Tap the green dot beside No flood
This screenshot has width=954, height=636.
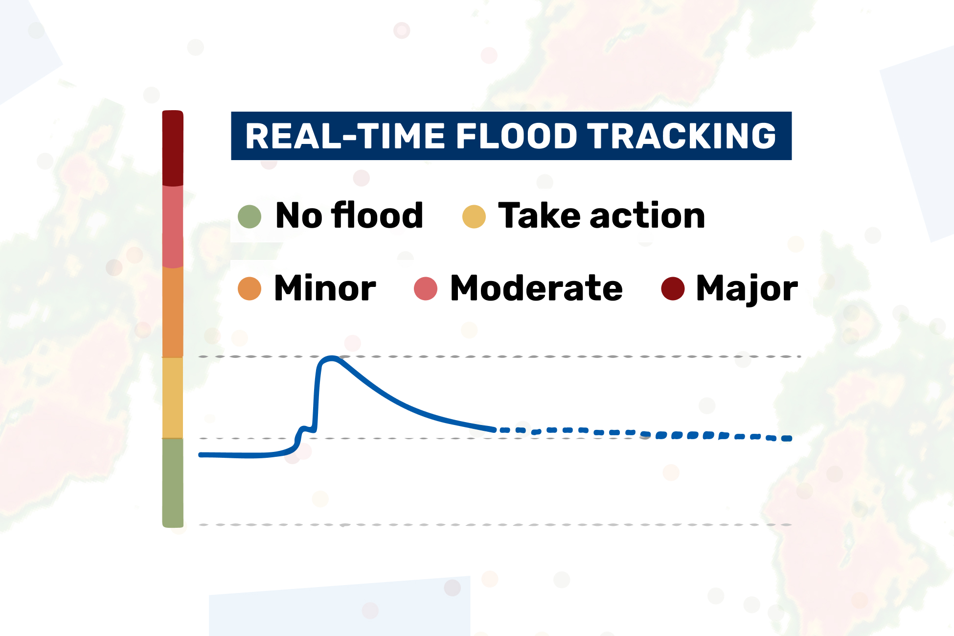(250, 216)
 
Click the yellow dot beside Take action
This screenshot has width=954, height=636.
(474, 216)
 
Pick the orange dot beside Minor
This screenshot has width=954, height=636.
(250, 288)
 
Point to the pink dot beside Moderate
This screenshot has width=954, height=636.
(425, 288)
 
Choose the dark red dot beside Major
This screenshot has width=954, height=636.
(673, 288)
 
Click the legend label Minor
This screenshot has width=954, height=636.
(325, 288)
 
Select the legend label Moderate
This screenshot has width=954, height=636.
(536, 288)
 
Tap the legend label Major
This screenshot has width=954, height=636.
(747, 289)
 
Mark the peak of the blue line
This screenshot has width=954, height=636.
(332, 358)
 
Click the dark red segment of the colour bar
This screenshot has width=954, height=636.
(173, 148)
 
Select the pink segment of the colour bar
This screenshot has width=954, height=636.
(173, 226)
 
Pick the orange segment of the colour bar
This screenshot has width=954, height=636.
(173, 312)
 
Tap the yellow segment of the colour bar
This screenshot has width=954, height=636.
(173, 398)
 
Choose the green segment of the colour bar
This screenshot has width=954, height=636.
(173, 482)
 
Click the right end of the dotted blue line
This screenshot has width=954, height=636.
(789, 438)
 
